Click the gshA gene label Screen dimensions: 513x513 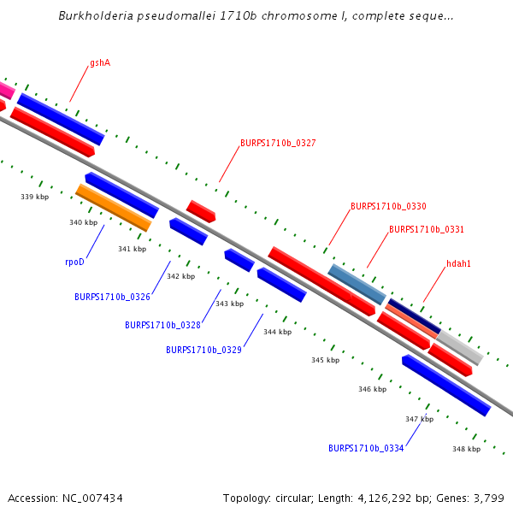[x=100, y=63]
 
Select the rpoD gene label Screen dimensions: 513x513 [x=75, y=262]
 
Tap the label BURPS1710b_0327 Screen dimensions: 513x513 [x=278, y=143]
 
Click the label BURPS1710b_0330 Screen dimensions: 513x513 [x=388, y=206]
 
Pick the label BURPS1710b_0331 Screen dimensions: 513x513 [x=427, y=229]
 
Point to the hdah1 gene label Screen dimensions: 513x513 [x=458, y=263]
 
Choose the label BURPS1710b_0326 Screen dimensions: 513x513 [x=112, y=297]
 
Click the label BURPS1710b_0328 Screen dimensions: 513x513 [x=162, y=325]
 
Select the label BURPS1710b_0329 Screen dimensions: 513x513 [x=203, y=350]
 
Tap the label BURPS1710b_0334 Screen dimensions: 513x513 [x=366, y=448]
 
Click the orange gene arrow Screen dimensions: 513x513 [x=113, y=208]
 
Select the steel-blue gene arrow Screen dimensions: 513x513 [x=357, y=285]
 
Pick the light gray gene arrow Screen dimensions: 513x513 [x=460, y=348]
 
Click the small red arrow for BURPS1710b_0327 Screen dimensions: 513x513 [x=201, y=211]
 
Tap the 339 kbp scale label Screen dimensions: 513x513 [x=34, y=197]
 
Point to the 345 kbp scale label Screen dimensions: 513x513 [x=325, y=360]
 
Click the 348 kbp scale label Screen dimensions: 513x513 [x=466, y=449]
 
